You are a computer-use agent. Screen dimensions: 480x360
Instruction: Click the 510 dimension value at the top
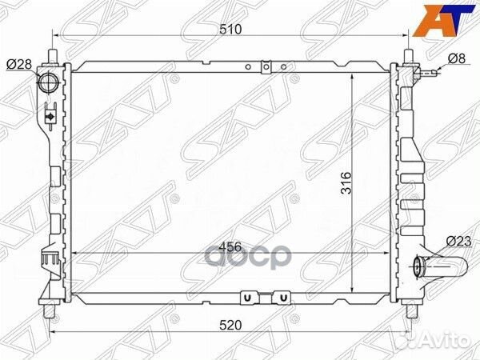point(230,30)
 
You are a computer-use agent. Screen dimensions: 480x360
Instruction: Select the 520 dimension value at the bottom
point(230,325)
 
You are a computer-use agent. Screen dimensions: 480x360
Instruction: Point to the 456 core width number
point(230,246)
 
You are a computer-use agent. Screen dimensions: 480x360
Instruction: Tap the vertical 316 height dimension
point(346,182)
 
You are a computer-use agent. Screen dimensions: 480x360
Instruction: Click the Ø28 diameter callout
point(19,64)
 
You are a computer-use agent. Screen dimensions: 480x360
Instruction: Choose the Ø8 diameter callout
point(457,58)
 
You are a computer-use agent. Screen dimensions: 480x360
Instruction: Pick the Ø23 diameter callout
point(458,242)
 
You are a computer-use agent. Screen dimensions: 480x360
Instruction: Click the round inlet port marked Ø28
point(47,82)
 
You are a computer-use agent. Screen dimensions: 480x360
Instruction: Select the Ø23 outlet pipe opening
point(418,266)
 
